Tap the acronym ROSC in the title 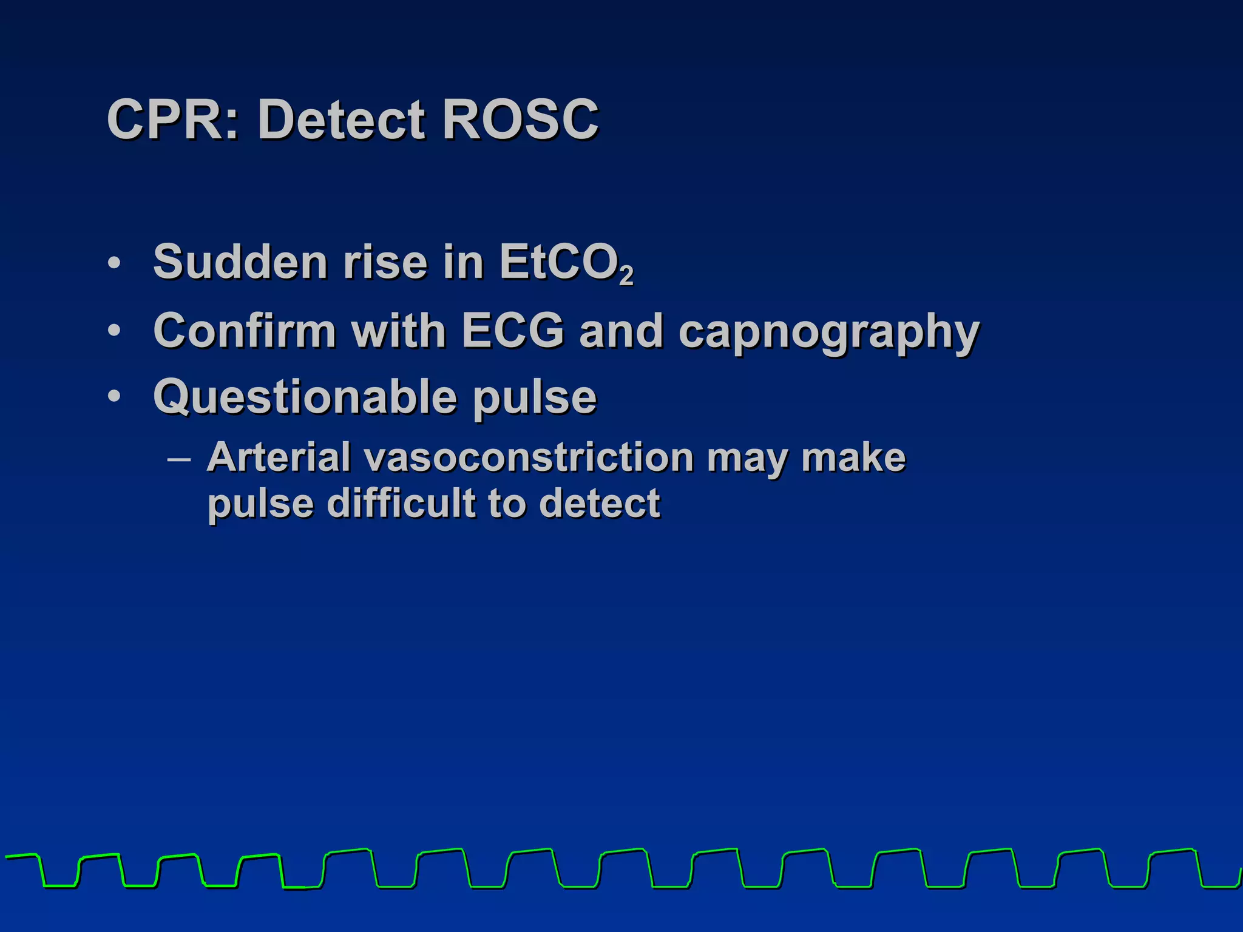tap(520, 120)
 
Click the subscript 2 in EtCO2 tap(626, 276)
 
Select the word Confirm tap(245, 331)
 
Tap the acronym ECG tap(513, 331)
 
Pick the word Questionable tap(305, 397)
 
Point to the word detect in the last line tap(599, 503)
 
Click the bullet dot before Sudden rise tap(114, 263)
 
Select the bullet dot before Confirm tap(114, 331)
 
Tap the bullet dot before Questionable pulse tap(114, 397)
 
